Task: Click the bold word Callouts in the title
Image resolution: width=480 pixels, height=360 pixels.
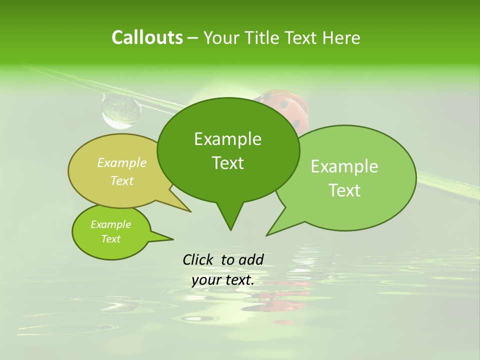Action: [x=147, y=37]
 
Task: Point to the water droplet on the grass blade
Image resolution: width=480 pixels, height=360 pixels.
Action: [x=120, y=110]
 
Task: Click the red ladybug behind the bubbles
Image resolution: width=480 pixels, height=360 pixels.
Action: [x=287, y=106]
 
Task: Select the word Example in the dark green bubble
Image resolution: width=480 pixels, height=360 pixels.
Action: [x=227, y=139]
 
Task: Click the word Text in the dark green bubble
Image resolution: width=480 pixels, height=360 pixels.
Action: [x=227, y=163]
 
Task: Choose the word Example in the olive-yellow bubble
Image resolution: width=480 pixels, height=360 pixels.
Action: [x=121, y=163]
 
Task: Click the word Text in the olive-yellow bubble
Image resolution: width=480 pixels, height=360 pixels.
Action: [x=121, y=180]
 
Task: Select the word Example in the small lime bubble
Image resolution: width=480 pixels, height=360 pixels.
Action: [x=110, y=224]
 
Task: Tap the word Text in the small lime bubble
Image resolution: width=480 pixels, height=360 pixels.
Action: [x=110, y=239]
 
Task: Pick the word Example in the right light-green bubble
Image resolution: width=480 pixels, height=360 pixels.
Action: [x=344, y=166]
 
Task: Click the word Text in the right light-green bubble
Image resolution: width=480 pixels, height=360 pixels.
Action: [x=344, y=190]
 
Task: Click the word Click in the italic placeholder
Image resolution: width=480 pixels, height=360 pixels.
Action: [x=198, y=259]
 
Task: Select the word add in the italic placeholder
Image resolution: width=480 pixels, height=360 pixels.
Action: [x=251, y=259]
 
